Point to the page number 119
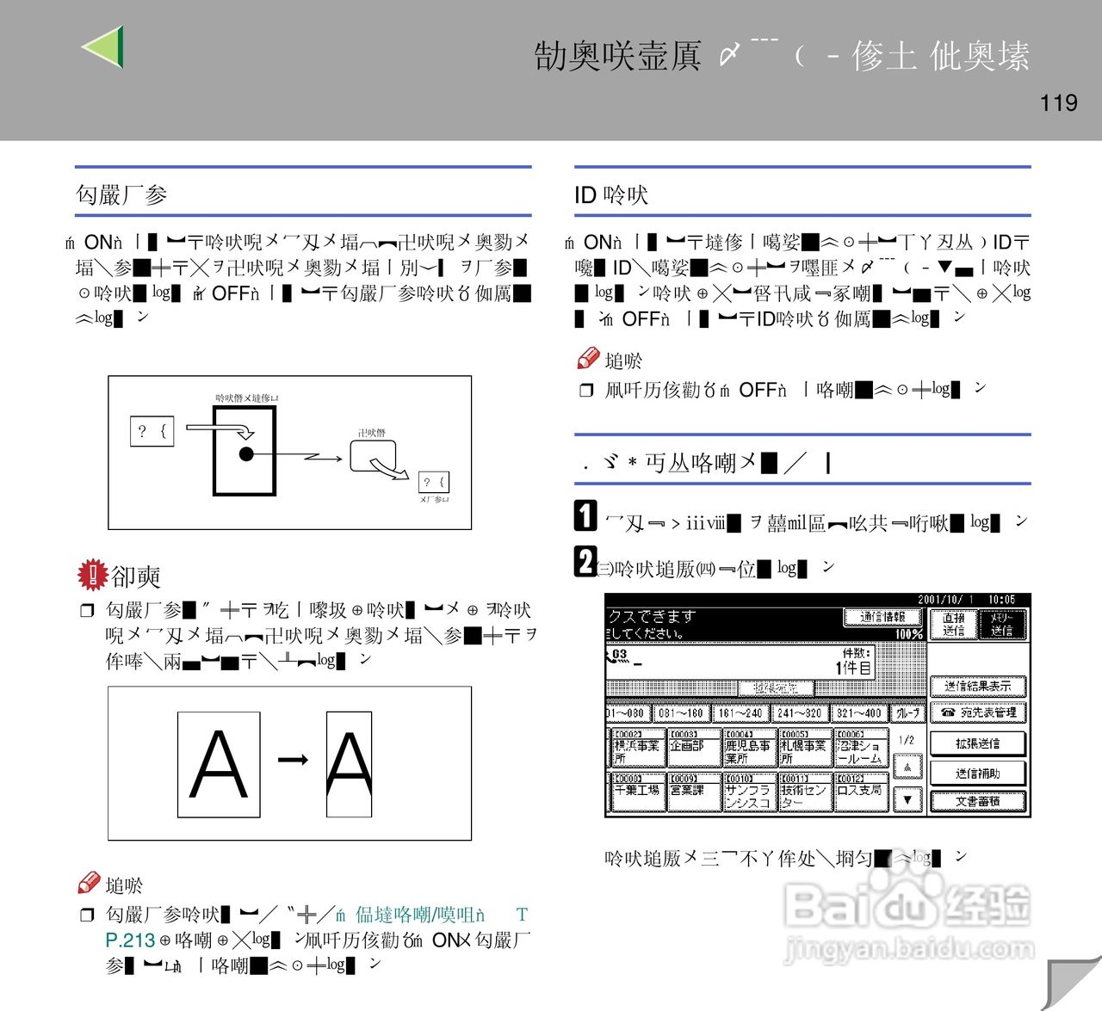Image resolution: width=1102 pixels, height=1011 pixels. point(1058,103)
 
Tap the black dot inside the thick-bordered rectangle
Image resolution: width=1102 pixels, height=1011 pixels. point(246,453)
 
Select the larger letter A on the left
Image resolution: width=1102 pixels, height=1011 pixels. point(219,764)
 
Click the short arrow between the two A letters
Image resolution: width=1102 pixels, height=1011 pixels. point(293,759)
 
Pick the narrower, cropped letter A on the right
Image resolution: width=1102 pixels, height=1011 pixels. point(349,764)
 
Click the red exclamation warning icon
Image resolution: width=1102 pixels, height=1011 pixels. point(91,575)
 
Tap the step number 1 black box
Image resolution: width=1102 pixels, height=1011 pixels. point(585,515)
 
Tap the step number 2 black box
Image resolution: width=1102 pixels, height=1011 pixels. point(585,562)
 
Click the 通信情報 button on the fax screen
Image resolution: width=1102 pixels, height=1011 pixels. point(882,617)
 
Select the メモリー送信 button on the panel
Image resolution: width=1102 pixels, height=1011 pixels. point(1002,625)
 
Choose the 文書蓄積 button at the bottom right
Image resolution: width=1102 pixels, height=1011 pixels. point(977,801)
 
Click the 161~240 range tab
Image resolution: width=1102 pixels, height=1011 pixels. point(740,712)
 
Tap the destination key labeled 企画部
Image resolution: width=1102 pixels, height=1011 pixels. point(693,747)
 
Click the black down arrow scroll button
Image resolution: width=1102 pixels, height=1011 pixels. point(907,799)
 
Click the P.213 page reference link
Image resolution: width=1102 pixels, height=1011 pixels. point(130,940)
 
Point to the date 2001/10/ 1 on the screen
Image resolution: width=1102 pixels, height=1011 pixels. point(945,599)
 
